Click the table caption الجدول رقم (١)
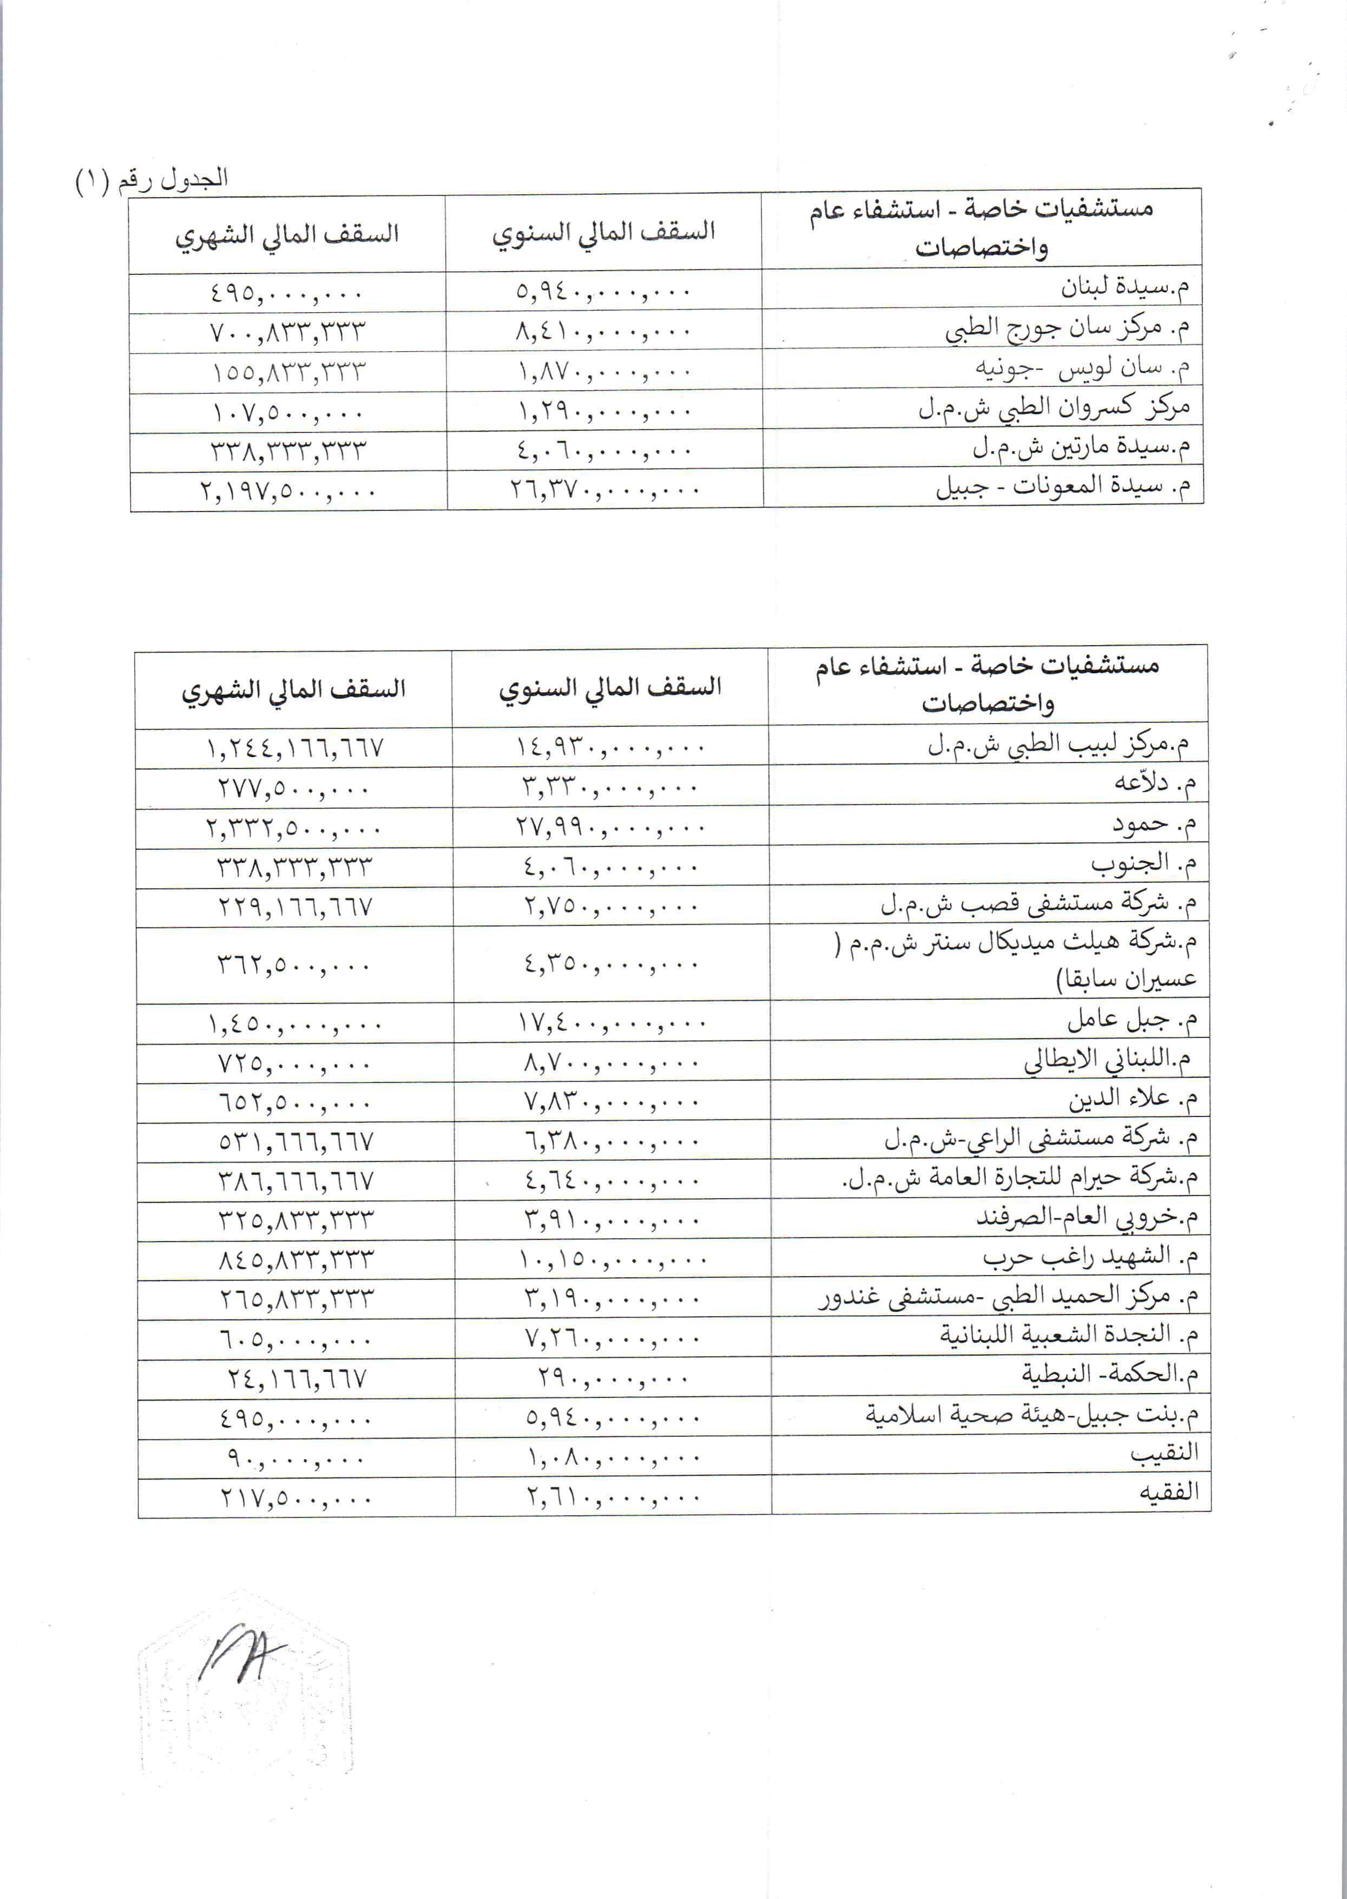[152, 179]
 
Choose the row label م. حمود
[1154, 824]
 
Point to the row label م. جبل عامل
[1132, 1019]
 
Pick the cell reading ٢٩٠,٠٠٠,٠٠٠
[612, 1378]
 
